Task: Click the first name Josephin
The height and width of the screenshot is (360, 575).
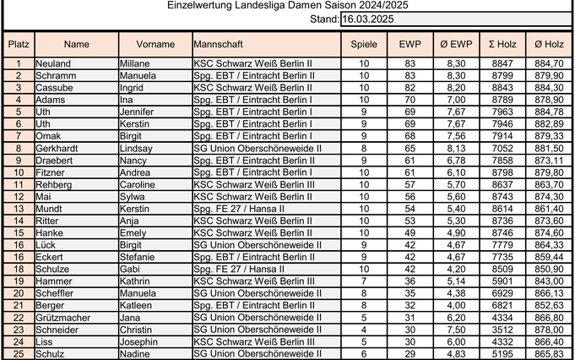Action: click(140, 341)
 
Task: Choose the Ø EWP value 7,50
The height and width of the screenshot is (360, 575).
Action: click(456, 329)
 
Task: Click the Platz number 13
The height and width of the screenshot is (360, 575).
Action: click(18, 208)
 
